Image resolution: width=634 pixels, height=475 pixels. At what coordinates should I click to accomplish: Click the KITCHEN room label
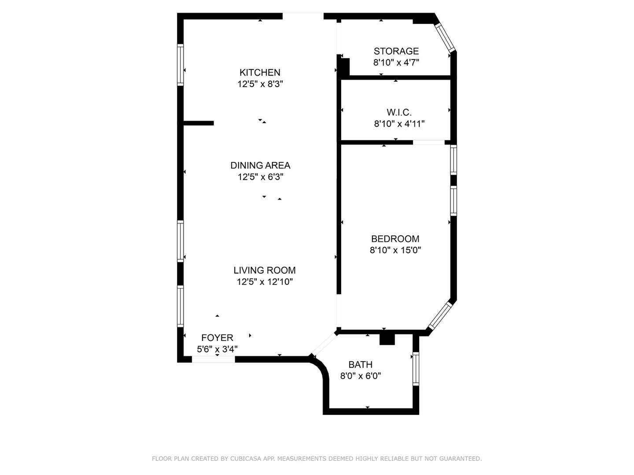click(260, 73)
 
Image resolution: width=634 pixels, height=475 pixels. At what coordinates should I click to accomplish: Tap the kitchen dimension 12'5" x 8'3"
click(260, 84)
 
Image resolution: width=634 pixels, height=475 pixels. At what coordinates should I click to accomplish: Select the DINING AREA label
click(260, 165)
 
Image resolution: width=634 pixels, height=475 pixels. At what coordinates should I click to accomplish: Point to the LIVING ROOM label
click(264, 270)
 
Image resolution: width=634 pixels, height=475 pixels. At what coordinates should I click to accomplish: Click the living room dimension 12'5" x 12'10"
click(265, 282)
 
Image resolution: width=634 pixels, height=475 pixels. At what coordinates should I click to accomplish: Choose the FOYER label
click(217, 338)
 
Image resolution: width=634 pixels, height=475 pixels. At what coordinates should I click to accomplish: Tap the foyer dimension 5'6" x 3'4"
click(217, 349)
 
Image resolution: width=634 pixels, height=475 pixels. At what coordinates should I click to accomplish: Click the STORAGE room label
click(396, 51)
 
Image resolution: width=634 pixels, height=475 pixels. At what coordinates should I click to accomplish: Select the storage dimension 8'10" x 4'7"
click(396, 62)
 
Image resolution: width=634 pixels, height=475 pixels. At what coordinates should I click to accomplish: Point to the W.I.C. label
click(399, 113)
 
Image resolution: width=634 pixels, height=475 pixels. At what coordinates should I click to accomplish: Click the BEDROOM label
click(395, 239)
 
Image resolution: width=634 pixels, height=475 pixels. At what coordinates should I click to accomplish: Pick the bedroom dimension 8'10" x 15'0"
click(395, 250)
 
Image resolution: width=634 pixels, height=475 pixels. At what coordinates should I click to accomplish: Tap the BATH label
click(360, 365)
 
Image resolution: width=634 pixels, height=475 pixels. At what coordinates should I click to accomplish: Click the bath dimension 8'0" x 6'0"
click(360, 376)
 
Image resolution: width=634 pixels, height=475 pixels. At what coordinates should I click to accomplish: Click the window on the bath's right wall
click(416, 369)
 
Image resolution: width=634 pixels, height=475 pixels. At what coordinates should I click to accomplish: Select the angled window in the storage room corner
click(445, 37)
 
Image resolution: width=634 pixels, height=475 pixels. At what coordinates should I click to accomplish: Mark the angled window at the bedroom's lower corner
click(441, 315)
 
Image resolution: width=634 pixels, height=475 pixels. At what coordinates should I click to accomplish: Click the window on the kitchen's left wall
click(180, 65)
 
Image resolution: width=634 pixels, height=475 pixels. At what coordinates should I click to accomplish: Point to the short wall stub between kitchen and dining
click(198, 123)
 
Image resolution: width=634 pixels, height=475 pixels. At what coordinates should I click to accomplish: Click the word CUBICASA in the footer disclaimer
click(246, 459)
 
